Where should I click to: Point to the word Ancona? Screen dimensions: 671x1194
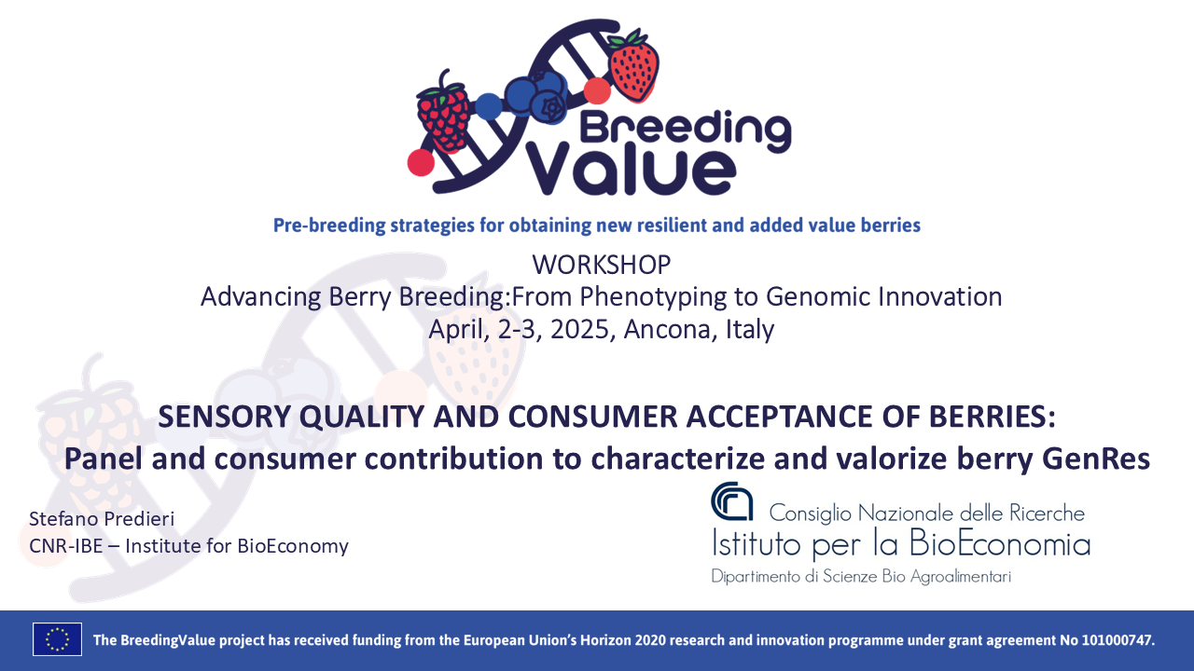pyautogui.click(x=664, y=329)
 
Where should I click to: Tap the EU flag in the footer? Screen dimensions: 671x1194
pyautogui.click(x=58, y=639)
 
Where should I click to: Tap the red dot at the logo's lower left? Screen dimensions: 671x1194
pyautogui.click(x=421, y=162)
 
